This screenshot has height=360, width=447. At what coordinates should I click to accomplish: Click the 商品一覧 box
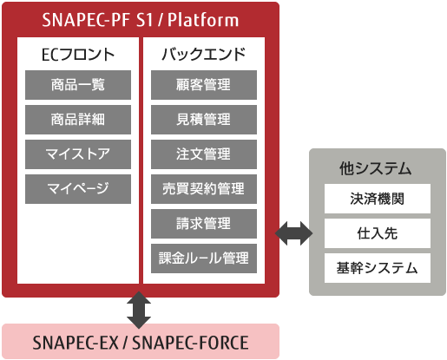78,85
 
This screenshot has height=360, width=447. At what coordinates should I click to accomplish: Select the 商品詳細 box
78,120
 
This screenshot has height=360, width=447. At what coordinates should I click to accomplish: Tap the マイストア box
78,154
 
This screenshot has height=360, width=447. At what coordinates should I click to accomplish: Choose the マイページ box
78,189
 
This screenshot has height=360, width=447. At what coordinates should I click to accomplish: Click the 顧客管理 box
204,85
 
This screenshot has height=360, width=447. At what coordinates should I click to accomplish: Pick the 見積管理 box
204,120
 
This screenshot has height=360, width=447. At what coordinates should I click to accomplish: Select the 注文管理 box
204,154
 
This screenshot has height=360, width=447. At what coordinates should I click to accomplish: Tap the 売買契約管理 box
204,189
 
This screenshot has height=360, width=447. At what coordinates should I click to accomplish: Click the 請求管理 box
204,224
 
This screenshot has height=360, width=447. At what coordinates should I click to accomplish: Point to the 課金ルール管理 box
204,259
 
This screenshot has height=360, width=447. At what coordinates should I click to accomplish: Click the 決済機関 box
378,199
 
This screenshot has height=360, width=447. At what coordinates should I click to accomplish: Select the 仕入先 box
378,233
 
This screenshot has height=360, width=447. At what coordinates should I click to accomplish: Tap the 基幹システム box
378,268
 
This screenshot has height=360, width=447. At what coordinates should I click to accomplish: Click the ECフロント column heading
78,55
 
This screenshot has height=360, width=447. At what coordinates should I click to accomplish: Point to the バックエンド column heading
204,55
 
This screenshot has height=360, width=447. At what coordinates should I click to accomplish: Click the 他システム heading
376,168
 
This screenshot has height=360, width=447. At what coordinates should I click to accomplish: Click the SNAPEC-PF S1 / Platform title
141,20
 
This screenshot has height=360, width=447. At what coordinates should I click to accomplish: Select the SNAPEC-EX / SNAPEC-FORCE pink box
141,342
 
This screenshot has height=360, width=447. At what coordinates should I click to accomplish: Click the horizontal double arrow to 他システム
293,233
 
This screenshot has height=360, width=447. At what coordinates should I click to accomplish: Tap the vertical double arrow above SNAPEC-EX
139,310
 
